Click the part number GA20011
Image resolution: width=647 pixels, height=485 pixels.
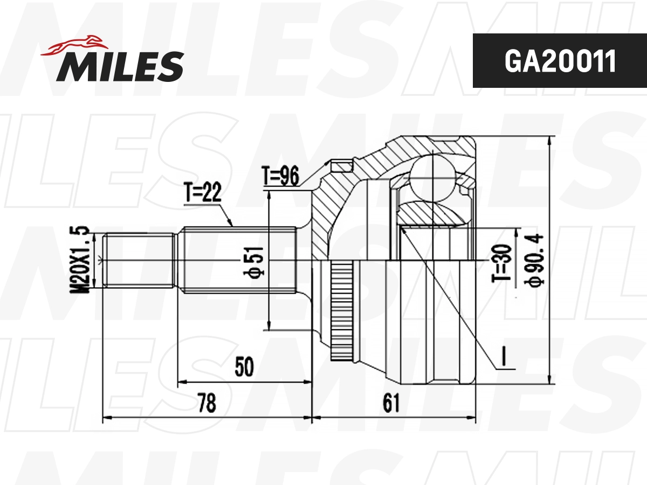[x=560, y=61]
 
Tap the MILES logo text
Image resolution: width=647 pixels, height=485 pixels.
[x=120, y=66]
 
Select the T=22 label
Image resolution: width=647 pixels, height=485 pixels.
[x=203, y=193]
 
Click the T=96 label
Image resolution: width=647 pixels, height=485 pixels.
[x=280, y=176]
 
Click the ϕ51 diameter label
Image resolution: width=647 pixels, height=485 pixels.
[x=258, y=262]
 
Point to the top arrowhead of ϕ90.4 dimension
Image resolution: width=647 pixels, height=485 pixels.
[x=549, y=140]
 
